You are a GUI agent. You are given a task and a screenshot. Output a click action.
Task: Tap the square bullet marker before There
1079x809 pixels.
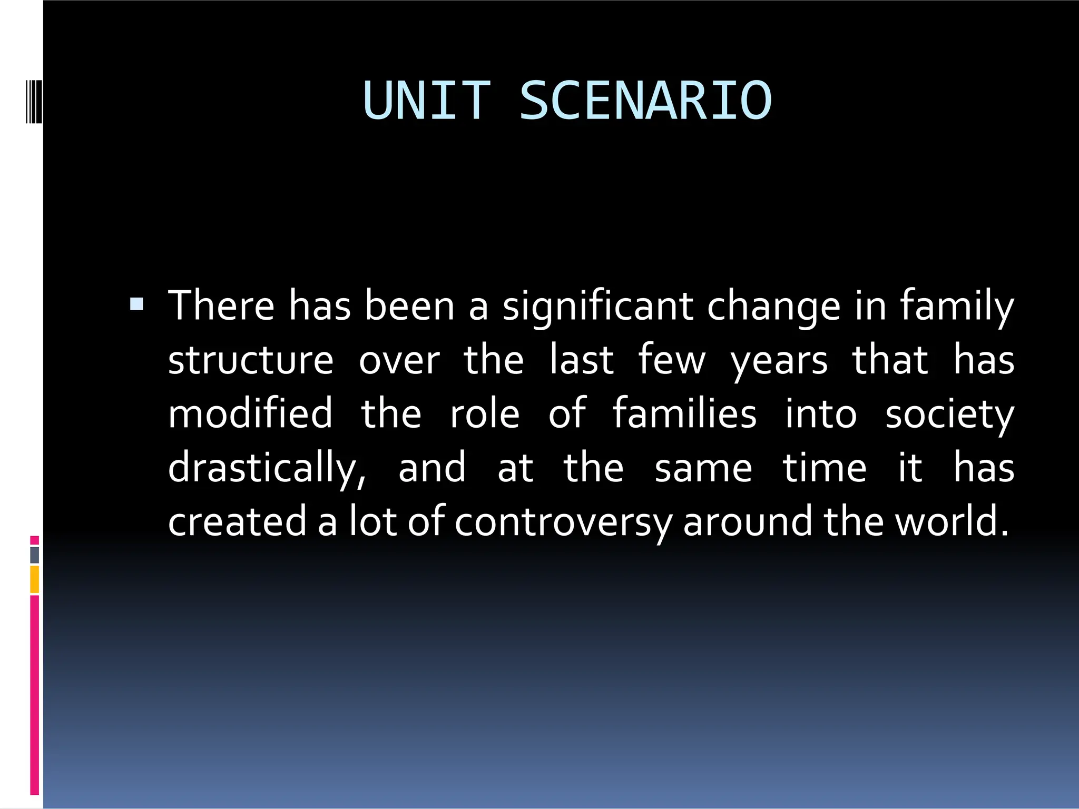(136, 304)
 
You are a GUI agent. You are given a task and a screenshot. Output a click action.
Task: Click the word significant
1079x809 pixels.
(597, 307)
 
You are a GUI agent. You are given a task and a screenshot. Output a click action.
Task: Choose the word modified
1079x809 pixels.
(251, 413)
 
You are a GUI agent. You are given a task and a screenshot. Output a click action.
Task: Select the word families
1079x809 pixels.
(684, 413)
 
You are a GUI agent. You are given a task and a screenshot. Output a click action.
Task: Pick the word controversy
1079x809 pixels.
(563, 522)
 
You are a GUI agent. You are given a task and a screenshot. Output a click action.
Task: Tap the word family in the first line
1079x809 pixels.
(956, 307)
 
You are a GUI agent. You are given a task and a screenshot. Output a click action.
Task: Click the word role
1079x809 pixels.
(485, 413)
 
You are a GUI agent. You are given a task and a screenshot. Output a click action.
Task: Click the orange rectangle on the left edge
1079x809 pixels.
(35, 579)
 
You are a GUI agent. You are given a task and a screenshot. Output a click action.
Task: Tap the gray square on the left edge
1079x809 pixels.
(35, 555)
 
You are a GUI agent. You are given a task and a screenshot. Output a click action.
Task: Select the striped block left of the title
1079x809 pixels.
(34, 100)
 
